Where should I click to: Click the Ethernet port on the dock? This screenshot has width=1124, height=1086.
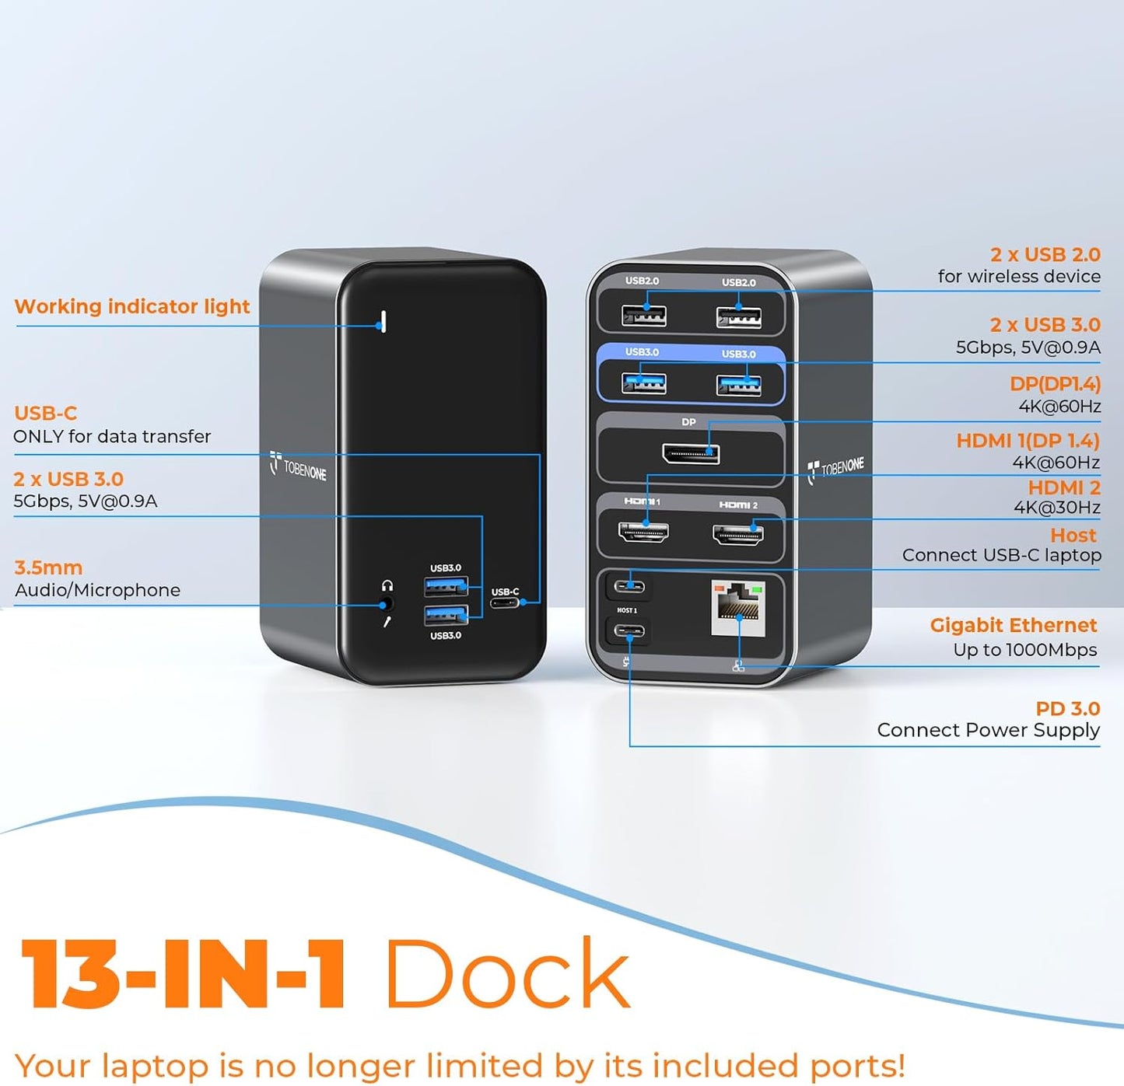point(738,608)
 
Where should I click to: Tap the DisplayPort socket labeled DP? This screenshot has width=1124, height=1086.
point(691,453)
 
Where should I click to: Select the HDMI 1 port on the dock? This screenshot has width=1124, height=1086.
point(643,532)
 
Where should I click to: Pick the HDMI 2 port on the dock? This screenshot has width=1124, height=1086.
point(738,534)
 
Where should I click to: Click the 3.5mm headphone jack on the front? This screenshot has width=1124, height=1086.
point(385,604)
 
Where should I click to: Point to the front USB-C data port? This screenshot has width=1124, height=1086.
point(504,602)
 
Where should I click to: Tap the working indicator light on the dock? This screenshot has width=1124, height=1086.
point(382,321)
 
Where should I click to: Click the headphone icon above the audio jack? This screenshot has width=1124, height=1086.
point(387,585)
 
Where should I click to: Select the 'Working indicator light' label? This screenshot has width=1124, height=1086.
point(132,306)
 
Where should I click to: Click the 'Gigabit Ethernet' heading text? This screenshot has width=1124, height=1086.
point(1013,625)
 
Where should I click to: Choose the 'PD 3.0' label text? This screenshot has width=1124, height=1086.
point(1067,708)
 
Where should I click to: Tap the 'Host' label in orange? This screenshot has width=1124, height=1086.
point(1073,535)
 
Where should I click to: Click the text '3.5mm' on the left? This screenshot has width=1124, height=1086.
point(48,567)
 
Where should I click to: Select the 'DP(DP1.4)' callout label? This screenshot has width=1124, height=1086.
point(1055,384)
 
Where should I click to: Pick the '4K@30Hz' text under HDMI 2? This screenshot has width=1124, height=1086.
point(1056,508)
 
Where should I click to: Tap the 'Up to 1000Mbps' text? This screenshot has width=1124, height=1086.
point(1025,650)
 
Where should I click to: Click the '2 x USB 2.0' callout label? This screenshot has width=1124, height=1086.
point(1045,254)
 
